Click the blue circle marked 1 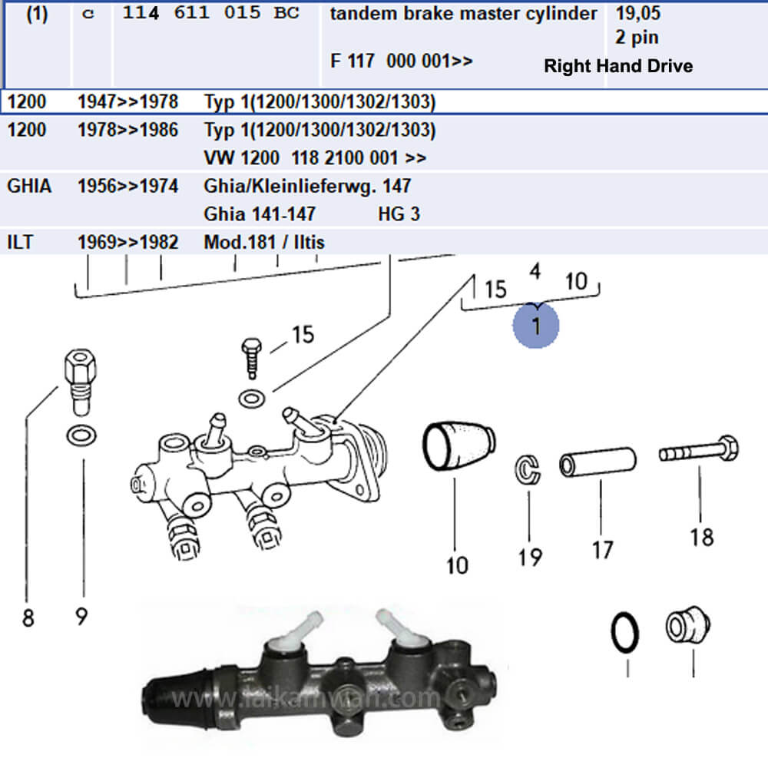pos(536,325)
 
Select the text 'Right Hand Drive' pos(617,66)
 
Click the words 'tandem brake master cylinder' pos(463,14)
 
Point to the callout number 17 pos(603,549)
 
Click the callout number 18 pos(701,536)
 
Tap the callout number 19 pos(530,556)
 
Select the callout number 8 pos(28,617)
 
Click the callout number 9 pos(81,617)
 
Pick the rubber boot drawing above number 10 pos(458,448)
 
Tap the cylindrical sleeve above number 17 pos(598,463)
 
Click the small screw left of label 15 pos(250,359)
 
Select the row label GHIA pos(28,186)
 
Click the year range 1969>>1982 pos(127,243)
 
